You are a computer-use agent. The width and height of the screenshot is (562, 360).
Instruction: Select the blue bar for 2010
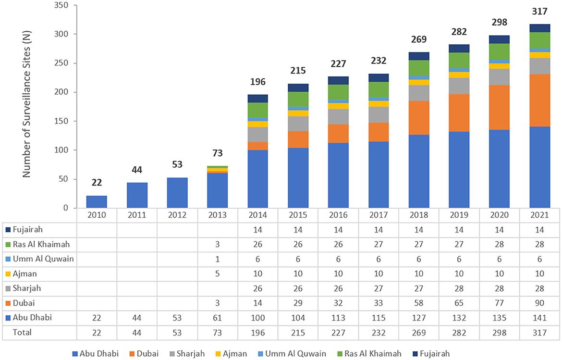(x=97, y=202)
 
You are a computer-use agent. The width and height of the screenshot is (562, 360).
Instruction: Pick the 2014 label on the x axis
(x=258, y=215)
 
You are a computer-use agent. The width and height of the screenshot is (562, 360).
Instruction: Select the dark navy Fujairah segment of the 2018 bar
(x=418, y=56)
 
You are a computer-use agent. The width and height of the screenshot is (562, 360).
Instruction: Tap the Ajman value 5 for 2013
(x=218, y=273)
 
